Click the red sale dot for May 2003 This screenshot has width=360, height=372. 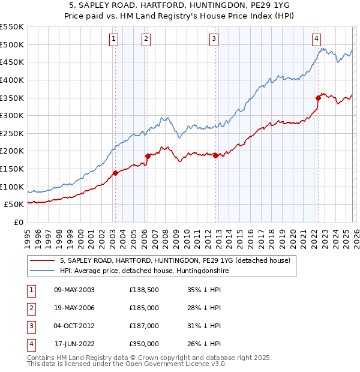pyautogui.click(x=115, y=173)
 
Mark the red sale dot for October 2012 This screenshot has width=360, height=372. pyautogui.click(x=215, y=155)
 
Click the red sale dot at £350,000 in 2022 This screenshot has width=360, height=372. pyautogui.click(x=318, y=98)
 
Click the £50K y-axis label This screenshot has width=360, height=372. pyautogui.click(x=14, y=204)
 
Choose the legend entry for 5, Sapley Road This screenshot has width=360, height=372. pyautogui.click(x=175, y=260)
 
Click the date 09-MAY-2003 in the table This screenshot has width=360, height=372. pyautogui.click(x=74, y=289)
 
